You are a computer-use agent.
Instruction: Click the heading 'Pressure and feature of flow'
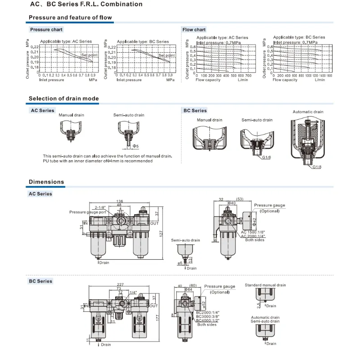click(70, 18)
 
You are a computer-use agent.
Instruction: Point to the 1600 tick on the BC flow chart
click(329, 76)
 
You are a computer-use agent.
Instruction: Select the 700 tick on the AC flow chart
click(248, 76)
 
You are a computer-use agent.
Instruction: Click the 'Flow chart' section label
click(194, 30)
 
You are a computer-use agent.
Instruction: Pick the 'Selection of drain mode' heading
click(63, 99)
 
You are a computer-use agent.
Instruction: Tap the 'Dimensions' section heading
click(46, 182)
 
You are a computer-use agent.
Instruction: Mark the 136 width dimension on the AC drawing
click(120, 201)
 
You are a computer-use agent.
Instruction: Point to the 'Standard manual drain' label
click(265, 285)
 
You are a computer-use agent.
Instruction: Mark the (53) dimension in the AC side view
click(240, 198)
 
